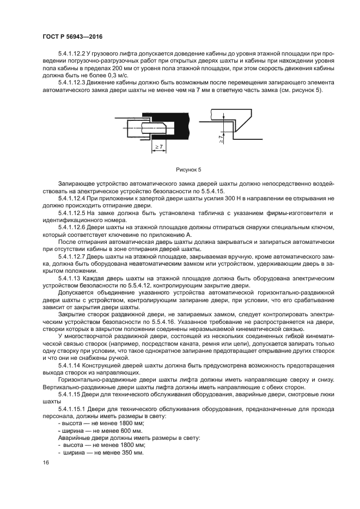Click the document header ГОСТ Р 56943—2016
[x=72, y=36]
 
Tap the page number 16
[x=46, y=462]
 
